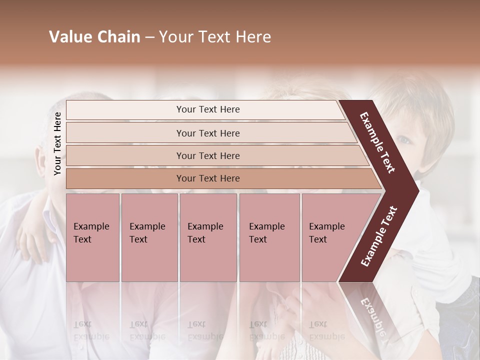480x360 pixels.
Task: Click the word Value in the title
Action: point(68,37)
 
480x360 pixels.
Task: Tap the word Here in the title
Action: point(253,37)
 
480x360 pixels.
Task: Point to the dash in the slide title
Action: point(149,37)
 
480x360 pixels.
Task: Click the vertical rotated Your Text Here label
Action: point(57,143)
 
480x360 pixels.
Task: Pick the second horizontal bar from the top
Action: point(208,133)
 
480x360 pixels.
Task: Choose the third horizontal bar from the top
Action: point(208,155)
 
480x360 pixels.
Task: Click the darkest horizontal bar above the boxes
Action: point(208,178)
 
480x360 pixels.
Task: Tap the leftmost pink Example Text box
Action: point(92,237)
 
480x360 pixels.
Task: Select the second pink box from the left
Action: point(149,237)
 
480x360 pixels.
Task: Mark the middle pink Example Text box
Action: point(208,237)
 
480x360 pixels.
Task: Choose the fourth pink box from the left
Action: point(269,237)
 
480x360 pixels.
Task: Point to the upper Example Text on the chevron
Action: point(377,142)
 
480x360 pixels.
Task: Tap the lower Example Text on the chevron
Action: point(379,236)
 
